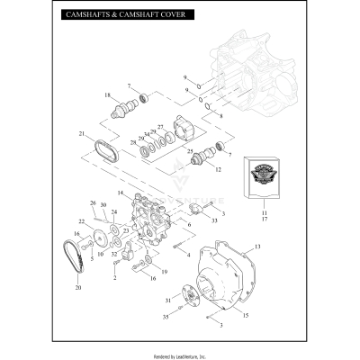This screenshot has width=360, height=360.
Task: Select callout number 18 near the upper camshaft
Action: (107, 95)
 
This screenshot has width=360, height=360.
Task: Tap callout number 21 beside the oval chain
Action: (81, 135)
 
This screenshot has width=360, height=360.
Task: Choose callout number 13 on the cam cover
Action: (256, 246)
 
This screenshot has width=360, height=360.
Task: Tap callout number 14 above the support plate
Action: (121, 193)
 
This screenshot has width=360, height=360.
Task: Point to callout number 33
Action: (213, 219)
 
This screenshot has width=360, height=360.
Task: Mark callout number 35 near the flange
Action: (164, 318)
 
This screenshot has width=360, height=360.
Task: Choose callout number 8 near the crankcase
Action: (220, 116)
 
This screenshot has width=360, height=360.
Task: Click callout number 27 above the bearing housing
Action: (161, 126)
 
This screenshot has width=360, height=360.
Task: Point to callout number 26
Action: (93, 203)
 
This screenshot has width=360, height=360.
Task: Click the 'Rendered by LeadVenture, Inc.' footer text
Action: (180, 350)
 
